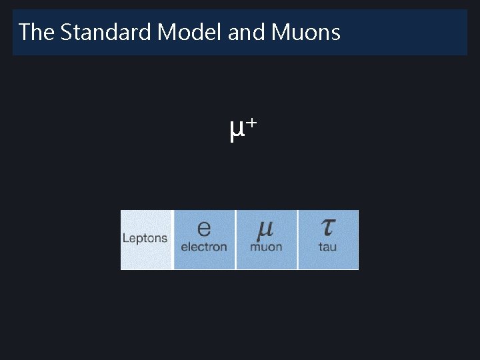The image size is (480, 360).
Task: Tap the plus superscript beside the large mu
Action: click(251, 123)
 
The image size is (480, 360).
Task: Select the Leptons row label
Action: click(145, 239)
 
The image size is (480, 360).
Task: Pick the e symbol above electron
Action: click(204, 229)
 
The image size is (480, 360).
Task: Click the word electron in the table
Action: click(204, 247)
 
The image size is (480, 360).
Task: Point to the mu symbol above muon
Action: click(265, 229)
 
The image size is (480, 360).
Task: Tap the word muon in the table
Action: click(266, 247)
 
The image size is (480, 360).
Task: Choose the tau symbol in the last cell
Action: click(327, 228)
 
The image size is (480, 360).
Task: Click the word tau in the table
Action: click(327, 247)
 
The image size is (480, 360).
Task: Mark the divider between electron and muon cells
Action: click(235, 240)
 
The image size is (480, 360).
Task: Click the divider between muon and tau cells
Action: click(297, 240)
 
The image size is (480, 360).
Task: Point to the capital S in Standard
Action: click(66, 32)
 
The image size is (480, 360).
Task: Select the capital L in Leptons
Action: click(125, 238)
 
